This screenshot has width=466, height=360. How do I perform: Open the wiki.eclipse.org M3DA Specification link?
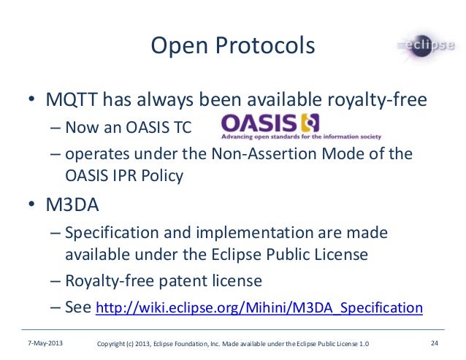(x=259, y=308)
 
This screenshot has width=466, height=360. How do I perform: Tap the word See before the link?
(x=78, y=307)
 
